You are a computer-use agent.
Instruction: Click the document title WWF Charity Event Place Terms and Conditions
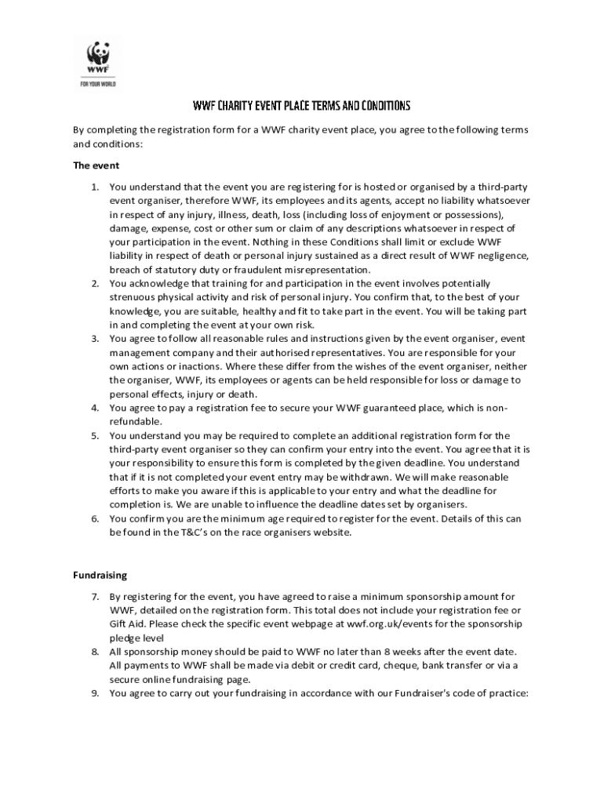point(302,105)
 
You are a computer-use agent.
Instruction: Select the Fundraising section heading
point(100,575)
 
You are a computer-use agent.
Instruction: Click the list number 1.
point(94,187)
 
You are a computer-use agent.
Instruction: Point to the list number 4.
point(94,408)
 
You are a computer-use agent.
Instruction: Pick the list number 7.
point(94,597)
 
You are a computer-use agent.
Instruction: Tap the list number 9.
point(94,693)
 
